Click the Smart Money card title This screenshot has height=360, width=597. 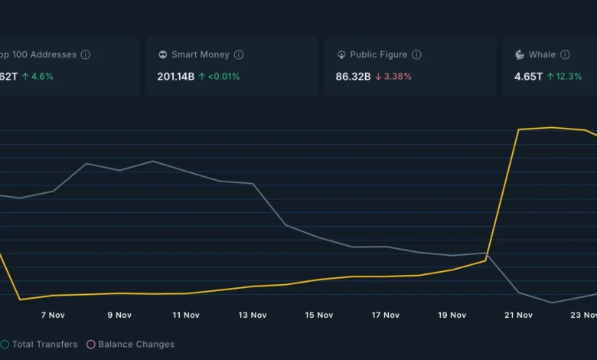(200, 55)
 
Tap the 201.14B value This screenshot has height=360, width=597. (175, 77)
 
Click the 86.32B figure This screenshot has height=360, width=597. (353, 77)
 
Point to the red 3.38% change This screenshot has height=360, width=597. (393, 77)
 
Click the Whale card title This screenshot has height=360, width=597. (542, 55)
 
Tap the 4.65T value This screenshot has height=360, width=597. (528, 77)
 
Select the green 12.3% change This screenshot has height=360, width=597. (564, 77)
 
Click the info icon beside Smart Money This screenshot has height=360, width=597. (239, 55)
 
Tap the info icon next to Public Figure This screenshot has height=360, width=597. (416, 55)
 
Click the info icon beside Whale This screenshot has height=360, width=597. (565, 55)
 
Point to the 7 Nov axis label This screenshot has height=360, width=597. (53, 315)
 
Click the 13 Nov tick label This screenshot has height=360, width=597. (253, 315)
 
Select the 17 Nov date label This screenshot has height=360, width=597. (386, 315)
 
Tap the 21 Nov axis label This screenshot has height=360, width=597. (519, 315)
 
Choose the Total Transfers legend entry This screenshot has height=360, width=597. (44, 345)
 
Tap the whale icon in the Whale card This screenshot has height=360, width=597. (520, 55)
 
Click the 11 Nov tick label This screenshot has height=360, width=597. (186, 315)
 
